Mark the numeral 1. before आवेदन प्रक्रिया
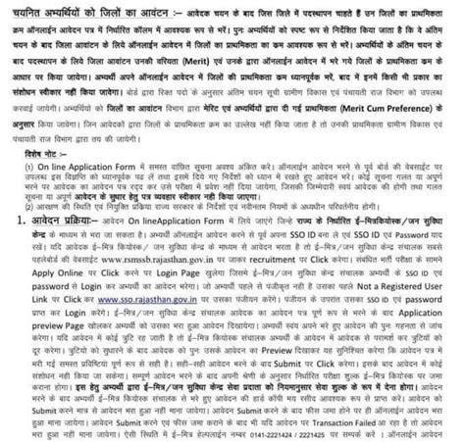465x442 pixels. pos(12,224)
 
